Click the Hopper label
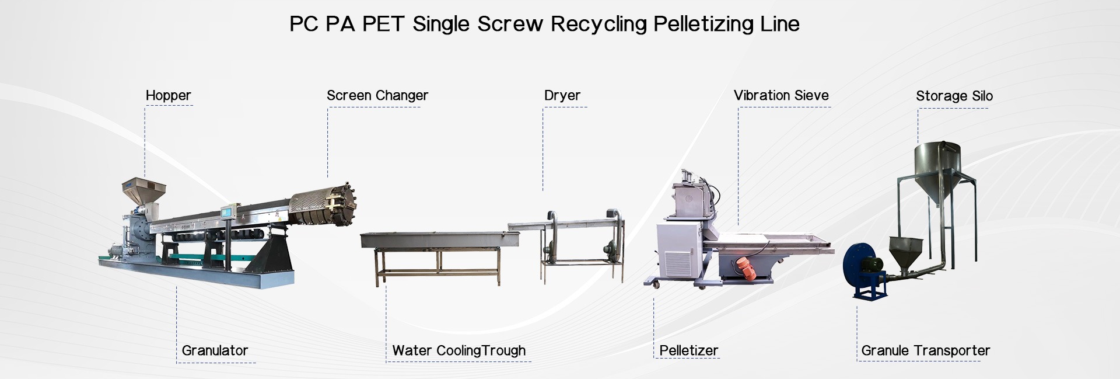point(168,95)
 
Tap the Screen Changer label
point(377,95)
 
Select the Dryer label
point(562,95)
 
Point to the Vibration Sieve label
point(781,95)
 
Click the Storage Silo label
point(954,96)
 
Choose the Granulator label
point(215,350)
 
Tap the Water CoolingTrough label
point(459,350)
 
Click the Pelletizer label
point(689,350)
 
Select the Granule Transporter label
point(926,350)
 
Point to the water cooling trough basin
point(440,239)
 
